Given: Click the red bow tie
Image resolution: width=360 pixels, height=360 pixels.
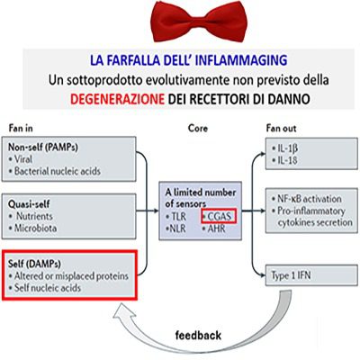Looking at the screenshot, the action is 199,22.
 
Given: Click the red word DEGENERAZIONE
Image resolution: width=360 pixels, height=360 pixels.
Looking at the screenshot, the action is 117,99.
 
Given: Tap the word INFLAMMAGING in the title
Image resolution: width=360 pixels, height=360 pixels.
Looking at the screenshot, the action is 241,60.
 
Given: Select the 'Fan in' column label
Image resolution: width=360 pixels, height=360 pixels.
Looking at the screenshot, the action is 21,129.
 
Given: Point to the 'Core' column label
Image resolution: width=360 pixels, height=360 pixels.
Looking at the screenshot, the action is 198,128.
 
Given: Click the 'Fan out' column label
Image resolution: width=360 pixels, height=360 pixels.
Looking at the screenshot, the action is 281,129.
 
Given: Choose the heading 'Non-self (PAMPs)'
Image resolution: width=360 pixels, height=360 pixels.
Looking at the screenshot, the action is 43,148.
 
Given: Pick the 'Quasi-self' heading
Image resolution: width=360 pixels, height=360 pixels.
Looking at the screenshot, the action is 29,204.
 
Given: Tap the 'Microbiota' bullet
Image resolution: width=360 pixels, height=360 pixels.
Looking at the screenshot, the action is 32,228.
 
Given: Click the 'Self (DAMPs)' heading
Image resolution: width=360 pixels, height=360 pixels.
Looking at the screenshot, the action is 34,264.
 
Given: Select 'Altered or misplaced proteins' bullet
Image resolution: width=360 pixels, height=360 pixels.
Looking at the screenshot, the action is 68,275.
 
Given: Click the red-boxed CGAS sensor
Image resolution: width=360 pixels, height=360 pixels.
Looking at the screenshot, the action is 219,216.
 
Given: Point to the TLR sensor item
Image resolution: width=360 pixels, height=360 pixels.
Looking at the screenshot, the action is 175,217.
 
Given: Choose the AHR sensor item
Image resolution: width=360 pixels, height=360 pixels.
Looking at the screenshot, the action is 213,229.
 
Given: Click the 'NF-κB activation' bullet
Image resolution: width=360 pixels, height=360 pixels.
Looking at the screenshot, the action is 307,199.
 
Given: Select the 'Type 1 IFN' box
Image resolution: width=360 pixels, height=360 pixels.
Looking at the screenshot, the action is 311,275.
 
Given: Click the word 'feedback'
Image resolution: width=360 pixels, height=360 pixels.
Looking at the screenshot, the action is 198,335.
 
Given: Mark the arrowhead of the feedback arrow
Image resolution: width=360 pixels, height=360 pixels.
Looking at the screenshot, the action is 124,312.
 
